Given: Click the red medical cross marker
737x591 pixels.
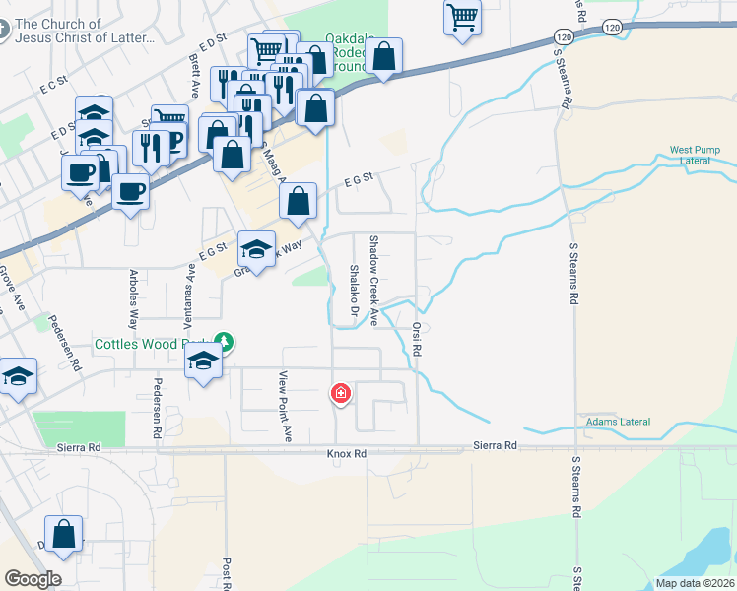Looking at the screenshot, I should (341, 394).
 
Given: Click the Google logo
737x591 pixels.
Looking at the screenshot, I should (33, 579).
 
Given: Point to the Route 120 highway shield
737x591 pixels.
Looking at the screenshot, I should (612, 30).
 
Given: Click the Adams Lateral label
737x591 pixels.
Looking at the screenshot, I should (619, 422).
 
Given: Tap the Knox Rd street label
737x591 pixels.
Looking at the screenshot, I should (347, 454).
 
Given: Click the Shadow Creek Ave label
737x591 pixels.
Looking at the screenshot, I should (374, 280).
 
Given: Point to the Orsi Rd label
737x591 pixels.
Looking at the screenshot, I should (417, 338).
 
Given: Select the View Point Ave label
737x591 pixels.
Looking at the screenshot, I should (286, 406).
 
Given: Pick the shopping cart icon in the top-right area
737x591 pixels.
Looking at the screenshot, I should (462, 16).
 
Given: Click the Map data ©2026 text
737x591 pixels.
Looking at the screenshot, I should (694, 583).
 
